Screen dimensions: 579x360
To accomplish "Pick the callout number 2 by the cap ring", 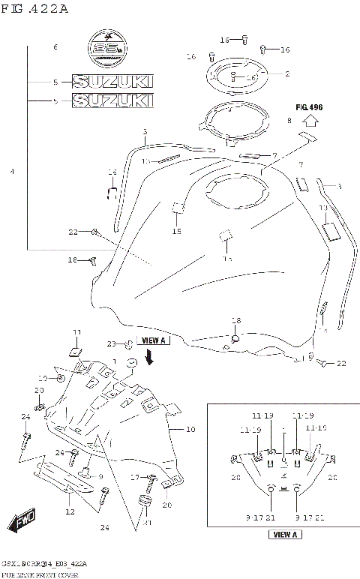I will pos(286,73).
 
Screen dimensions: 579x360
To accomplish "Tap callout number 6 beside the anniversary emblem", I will pos(55,48).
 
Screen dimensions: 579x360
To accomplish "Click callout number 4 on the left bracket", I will pos(12,172).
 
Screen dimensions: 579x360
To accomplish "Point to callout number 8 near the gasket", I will pos(289,120).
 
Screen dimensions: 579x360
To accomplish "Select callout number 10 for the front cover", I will pos(190,430).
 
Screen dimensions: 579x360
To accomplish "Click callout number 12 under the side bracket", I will pos(69,512).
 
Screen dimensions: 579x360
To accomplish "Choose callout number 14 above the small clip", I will pos(112,172).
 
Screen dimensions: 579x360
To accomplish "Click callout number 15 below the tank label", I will pos(177,232).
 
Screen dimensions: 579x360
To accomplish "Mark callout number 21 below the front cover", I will pos(148,523).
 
